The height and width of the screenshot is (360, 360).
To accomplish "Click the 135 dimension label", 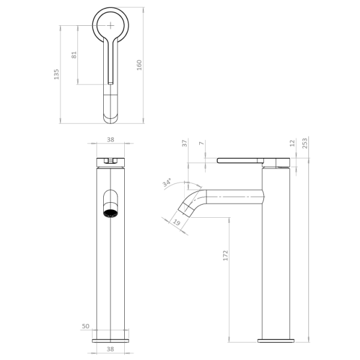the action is coord(56,74).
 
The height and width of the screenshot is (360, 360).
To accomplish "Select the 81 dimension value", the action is coord(74,55).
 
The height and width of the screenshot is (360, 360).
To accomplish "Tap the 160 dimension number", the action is coord(139,65).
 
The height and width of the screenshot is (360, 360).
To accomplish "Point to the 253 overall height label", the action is coord(305,143).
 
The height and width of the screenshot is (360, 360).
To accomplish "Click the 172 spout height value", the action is coord(226,256).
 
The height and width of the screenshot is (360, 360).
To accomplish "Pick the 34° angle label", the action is coord(167,182).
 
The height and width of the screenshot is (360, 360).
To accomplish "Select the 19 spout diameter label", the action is coord(176,222).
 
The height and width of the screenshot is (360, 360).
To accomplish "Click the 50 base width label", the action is coord(86,326).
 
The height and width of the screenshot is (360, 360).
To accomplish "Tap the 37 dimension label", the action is coord(185,143).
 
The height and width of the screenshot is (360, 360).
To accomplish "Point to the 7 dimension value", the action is coord(202,143).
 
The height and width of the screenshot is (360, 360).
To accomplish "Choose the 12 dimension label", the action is coord(292,143).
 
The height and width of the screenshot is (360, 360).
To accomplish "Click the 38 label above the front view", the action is coord(110,140).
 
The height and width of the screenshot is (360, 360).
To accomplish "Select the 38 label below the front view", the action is coord(110,349).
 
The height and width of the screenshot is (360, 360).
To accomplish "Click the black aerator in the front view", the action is coord(110,214).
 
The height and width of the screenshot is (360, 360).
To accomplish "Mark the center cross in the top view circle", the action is coord(110,25).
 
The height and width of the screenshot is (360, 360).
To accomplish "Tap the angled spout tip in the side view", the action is coord(185,210).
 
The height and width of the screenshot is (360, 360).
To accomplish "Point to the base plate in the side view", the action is coord(276,341).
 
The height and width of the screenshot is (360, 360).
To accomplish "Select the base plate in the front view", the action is coord(110,341).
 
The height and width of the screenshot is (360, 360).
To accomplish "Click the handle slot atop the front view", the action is coord(110,160).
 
